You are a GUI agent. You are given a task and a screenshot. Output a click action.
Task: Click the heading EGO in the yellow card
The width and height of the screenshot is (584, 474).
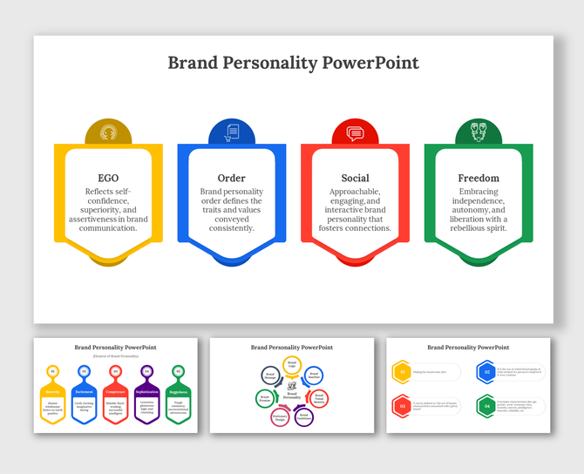[109, 178]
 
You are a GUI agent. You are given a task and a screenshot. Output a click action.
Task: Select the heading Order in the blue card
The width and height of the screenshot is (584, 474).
[232, 178]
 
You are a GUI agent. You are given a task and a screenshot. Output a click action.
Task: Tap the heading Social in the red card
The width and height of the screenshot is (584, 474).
[355, 178]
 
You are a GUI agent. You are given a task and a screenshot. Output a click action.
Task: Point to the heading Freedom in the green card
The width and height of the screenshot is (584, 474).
[479, 178]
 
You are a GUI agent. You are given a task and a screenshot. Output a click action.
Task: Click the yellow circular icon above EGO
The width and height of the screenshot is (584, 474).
[109, 133]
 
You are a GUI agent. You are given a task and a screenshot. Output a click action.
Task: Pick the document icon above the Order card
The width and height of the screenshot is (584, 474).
[232, 133]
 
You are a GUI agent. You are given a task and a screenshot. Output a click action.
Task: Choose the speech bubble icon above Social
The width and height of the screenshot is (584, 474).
[355, 133]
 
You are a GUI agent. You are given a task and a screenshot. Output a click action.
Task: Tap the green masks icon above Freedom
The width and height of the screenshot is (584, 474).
[479, 133]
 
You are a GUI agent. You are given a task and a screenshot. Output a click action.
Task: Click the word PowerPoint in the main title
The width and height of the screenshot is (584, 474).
[370, 63]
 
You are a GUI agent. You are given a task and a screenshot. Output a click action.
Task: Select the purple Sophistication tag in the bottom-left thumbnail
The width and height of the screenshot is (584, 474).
[146, 393]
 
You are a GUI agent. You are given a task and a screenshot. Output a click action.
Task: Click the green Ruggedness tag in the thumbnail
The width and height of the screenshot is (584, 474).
[178, 393]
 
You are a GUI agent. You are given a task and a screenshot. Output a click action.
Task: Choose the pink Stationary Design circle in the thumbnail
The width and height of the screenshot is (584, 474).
[280, 417]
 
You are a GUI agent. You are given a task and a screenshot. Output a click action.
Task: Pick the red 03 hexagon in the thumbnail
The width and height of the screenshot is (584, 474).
[402, 405]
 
